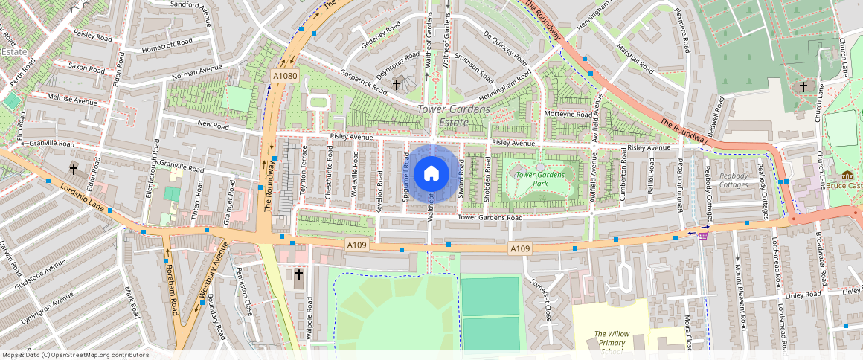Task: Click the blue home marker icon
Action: (431, 174)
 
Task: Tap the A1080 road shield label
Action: (285, 76)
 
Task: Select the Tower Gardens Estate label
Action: (454, 116)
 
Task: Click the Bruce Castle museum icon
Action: (847, 176)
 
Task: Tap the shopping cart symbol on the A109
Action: (702, 234)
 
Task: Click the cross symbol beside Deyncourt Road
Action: (397, 86)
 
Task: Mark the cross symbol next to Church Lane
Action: (803, 87)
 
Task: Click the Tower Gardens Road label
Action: (490, 218)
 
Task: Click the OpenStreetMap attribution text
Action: (74, 355)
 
